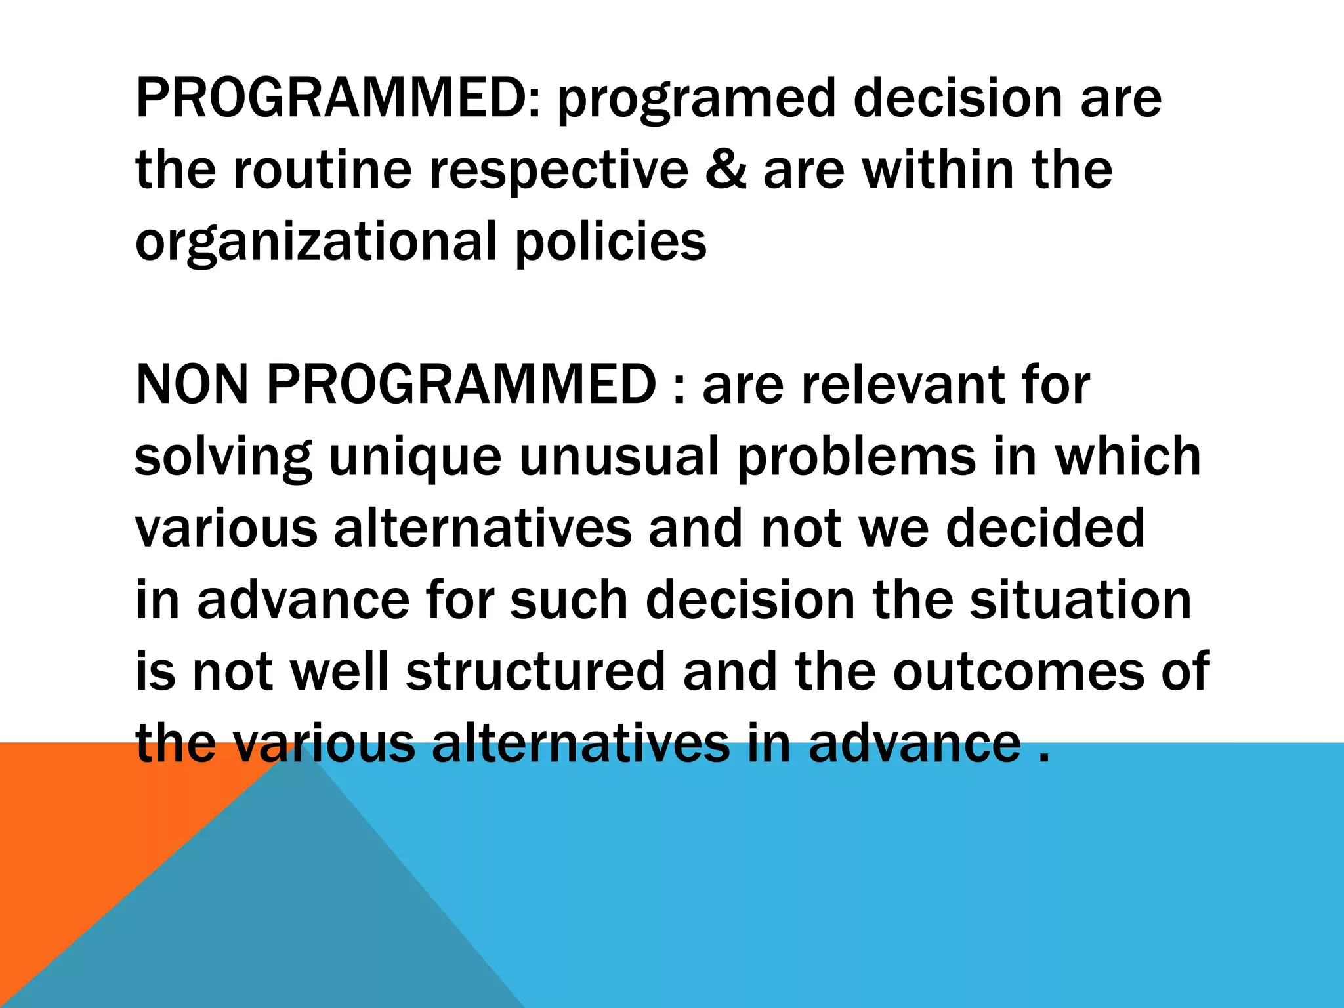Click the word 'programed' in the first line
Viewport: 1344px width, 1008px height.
pos(696,100)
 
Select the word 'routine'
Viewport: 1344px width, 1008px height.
pos(322,170)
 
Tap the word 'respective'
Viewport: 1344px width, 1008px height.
pos(558,171)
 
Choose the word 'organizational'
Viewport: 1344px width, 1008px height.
pos(316,242)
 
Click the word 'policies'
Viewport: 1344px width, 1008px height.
pos(611,242)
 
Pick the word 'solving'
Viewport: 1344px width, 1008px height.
pos(223,457)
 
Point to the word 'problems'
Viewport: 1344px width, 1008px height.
pos(856,457)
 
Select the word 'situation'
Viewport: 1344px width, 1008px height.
pos(1080,600)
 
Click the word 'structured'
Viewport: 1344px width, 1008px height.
pos(535,671)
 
